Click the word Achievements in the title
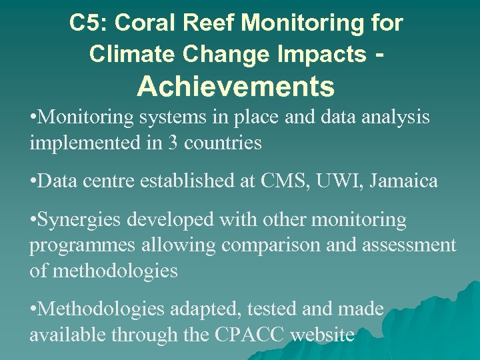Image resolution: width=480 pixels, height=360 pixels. tap(236, 86)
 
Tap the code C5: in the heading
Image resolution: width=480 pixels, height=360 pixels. tap(89, 23)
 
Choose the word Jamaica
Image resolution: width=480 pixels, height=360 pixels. tap(407, 181)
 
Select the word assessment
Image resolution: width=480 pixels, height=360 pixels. tap(409, 245)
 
